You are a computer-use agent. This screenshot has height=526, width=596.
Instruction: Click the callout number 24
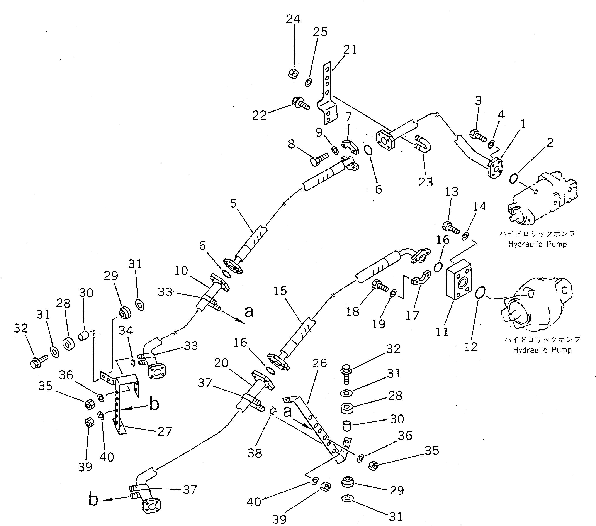point(293,19)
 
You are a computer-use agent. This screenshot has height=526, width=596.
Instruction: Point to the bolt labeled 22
point(300,104)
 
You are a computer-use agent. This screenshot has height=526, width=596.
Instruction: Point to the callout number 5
point(233,203)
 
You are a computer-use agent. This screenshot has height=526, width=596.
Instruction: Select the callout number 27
point(165,431)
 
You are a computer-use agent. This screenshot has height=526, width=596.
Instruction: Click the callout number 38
point(255,453)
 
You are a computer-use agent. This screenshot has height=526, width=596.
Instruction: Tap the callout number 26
point(320,363)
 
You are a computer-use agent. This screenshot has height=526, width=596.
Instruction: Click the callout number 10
point(181,271)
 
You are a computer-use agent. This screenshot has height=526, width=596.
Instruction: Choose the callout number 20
point(221,363)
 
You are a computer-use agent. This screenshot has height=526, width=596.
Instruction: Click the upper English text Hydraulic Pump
point(537,244)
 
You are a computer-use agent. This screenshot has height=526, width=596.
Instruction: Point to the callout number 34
point(126,330)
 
